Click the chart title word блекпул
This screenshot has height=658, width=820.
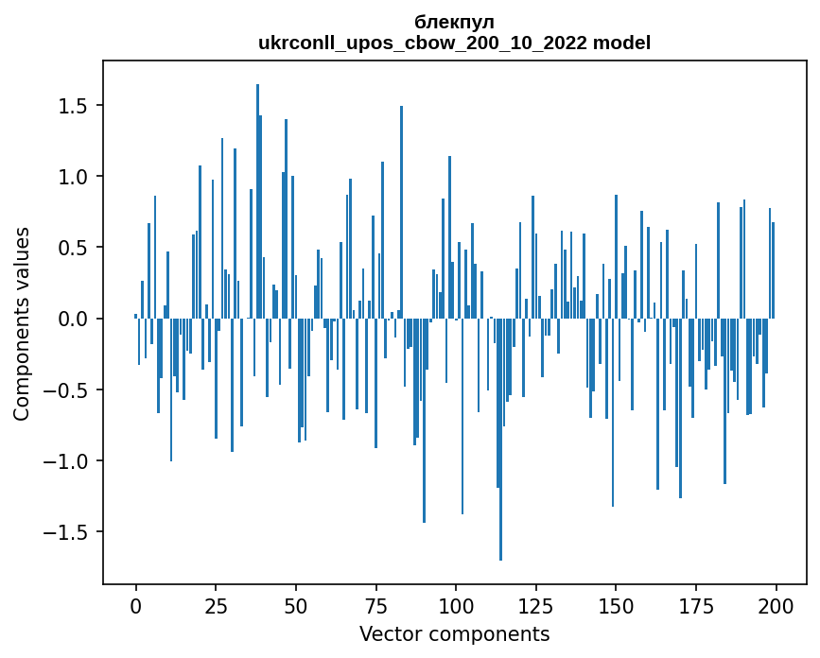(454, 22)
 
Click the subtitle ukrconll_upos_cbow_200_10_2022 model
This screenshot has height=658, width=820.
(454, 43)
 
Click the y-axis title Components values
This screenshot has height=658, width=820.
(21, 323)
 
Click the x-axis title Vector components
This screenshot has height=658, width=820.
(454, 634)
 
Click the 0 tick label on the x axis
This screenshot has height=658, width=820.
(135, 604)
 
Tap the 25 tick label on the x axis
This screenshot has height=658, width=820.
(216, 604)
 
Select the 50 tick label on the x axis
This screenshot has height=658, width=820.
(296, 604)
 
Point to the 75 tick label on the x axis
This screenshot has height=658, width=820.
(375, 604)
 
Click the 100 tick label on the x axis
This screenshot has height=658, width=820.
(456, 604)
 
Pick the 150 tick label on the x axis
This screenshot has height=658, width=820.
(616, 604)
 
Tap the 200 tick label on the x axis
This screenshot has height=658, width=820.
(776, 604)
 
